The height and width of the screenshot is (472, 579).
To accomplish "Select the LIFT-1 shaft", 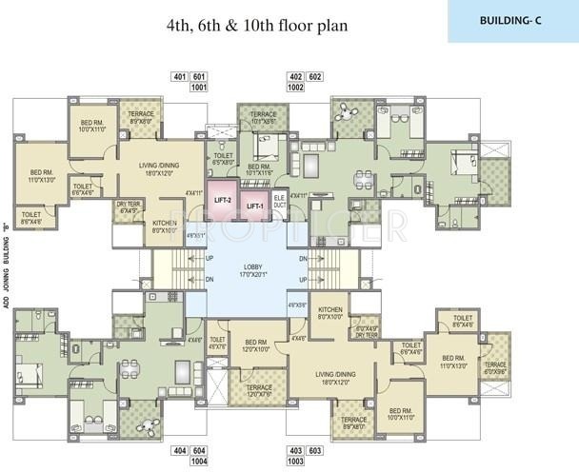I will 254,206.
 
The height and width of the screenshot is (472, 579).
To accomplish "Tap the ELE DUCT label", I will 279,202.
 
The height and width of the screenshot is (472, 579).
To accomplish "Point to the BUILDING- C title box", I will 512,20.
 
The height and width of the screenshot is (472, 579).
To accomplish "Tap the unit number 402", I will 294,75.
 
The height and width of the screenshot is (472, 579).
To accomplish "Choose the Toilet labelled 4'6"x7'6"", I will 217,343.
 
